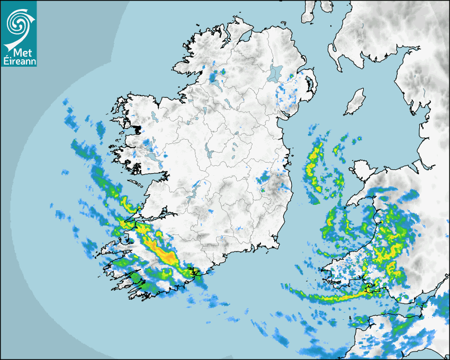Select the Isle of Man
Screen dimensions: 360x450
pos(355,102)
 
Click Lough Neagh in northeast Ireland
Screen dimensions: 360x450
pos(275,73)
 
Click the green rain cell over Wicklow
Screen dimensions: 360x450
pos(263,180)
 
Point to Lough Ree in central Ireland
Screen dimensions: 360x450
pos(210,154)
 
